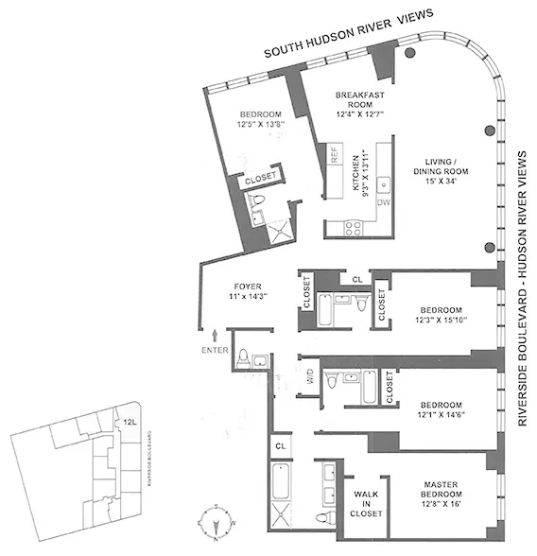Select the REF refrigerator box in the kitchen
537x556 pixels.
[334, 156]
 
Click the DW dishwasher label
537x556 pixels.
[384, 202]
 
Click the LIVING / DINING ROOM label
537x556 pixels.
[435, 175]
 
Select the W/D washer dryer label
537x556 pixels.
[309, 382]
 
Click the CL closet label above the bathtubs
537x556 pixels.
[356, 279]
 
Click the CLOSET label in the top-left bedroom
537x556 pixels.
[260, 178]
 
